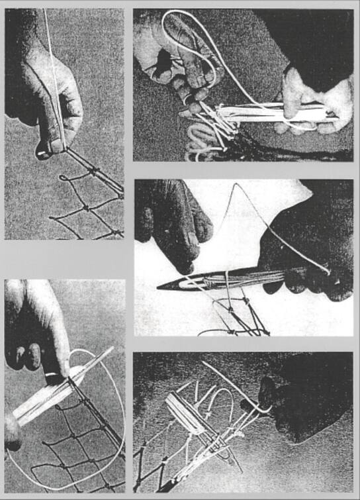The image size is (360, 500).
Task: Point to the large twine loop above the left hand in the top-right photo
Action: (192, 33)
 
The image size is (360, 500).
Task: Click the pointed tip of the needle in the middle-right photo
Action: (161, 286)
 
